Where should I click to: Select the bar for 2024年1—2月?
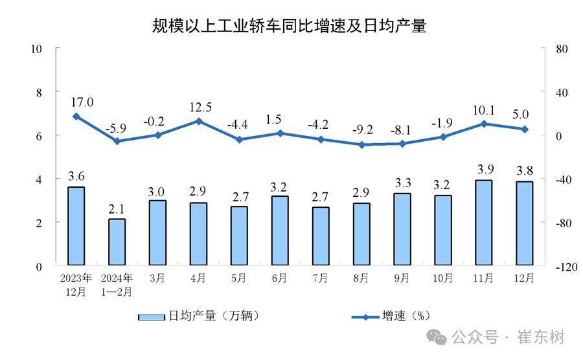tap(117, 242)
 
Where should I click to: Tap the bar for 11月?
tap(483, 223)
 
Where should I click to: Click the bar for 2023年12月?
tap(76, 226)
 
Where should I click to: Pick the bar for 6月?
tap(280, 231)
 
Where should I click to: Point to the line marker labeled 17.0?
tap(76, 117)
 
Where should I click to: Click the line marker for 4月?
tap(198, 121)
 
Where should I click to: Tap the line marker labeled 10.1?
tap(483, 124)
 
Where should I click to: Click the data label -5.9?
tap(117, 128)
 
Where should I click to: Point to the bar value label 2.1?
tap(117, 208)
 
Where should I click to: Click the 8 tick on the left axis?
tap(38, 93)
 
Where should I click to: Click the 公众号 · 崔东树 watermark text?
tap(508, 337)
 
